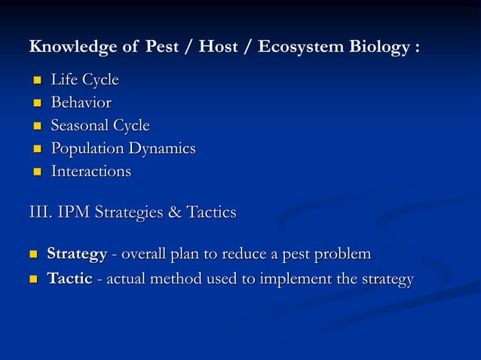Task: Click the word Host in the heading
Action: point(222,47)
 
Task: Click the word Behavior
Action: point(81,102)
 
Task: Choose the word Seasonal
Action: point(79,125)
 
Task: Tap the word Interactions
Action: point(90,171)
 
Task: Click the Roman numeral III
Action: point(38,213)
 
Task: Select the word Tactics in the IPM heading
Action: point(211,213)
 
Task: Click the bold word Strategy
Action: point(77,254)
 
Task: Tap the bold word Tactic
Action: point(69,279)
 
